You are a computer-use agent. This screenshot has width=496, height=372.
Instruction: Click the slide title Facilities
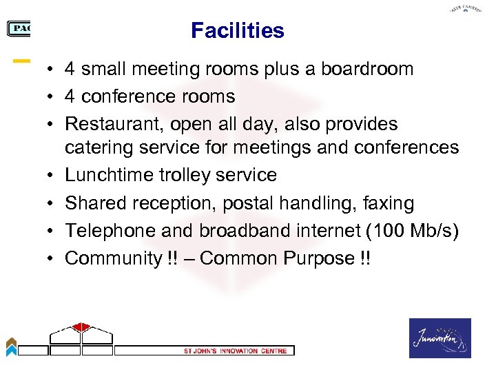(237, 31)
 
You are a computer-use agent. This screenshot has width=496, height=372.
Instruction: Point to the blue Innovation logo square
(440, 338)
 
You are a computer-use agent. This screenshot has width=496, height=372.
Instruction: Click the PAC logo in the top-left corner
(19, 28)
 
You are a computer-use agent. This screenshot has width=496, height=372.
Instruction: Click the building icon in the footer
(81, 338)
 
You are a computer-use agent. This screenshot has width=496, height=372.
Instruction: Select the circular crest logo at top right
(465, 10)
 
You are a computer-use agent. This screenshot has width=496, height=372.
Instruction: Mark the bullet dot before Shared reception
(52, 204)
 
